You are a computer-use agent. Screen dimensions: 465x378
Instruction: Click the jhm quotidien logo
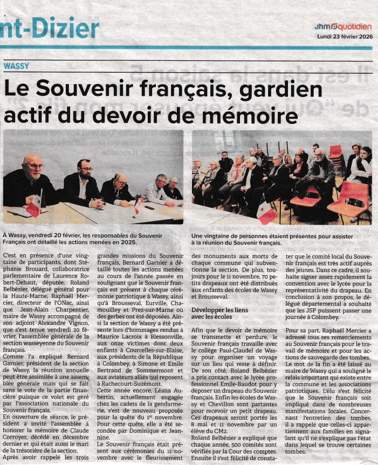[342, 26]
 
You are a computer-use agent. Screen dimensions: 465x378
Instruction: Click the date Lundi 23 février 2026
[344, 37]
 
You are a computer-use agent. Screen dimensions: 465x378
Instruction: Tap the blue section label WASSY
[16, 66]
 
